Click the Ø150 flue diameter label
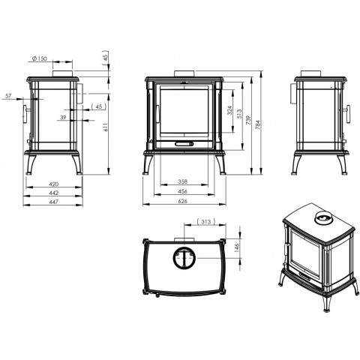[40, 58]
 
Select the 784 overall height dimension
[258, 124]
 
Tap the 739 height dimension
[248, 119]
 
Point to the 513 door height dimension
[239, 114]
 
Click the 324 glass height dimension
[229, 110]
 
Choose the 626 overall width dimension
[183, 201]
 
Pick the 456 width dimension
[183, 191]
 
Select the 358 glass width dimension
[183, 181]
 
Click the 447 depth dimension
[53, 202]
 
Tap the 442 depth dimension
[53, 193]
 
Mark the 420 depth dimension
[53, 184]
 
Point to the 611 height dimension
[106, 127]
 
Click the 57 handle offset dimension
[8, 96]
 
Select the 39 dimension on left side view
[63, 117]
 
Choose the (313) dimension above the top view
[206, 221]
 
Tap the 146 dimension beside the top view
[237, 247]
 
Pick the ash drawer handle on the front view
[184, 144]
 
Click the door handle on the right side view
[348, 114]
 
